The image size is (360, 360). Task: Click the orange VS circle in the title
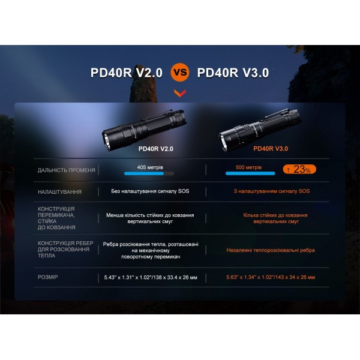tap(180, 73)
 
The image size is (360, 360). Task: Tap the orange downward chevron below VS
tap(180, 93)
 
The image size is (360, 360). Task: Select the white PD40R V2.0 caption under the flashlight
tap(155, 149)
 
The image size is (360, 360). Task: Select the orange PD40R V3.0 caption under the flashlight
tap(271, 149)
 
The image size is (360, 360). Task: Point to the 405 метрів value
tap(150, 167)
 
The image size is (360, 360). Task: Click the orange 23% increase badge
tap(299, 170)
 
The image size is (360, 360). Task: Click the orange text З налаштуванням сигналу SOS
tap(271, 192)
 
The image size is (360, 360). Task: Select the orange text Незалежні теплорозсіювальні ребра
tap(271, 250)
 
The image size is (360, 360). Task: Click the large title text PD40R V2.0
tap(127, 73)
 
